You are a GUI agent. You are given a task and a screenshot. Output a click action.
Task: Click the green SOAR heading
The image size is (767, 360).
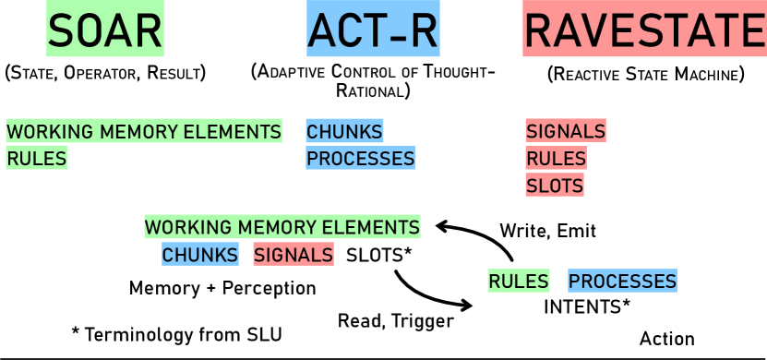[x=105, y=30]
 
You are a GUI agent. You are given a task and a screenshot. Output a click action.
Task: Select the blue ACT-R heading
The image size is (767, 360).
[x=373, y=30]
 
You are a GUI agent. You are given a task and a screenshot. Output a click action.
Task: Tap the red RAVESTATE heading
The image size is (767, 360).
[x=644, y=30]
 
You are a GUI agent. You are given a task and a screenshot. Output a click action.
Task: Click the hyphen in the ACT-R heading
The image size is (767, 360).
[x=394, y=33]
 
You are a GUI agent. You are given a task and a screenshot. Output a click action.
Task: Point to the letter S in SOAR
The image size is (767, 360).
[x=61, y=30]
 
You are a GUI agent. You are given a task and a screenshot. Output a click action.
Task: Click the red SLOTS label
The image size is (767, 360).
[x=555, y=186]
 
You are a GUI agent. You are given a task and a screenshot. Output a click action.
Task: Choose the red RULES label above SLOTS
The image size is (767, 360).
[x=556, y=159]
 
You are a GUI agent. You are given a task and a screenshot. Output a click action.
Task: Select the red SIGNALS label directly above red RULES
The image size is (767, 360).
[x=566, y=131]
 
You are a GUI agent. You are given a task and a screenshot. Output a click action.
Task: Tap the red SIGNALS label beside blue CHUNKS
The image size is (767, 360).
[x=294, y=255]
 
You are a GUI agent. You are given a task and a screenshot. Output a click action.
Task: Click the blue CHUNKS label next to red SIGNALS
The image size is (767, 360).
[x=200, y=255]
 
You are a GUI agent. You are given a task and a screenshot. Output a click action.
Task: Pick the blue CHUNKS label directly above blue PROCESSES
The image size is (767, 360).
[x=344, y=131]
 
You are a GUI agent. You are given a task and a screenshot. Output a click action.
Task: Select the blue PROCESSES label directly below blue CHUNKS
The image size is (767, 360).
[x=361, y=159]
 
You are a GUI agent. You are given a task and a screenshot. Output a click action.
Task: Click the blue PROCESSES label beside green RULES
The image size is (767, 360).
[x=622, y=281]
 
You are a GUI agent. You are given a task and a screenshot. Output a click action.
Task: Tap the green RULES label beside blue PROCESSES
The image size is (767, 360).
[x=519, y=281]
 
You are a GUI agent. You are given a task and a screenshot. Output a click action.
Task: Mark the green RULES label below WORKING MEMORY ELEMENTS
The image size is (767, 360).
[x=37, y=159]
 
